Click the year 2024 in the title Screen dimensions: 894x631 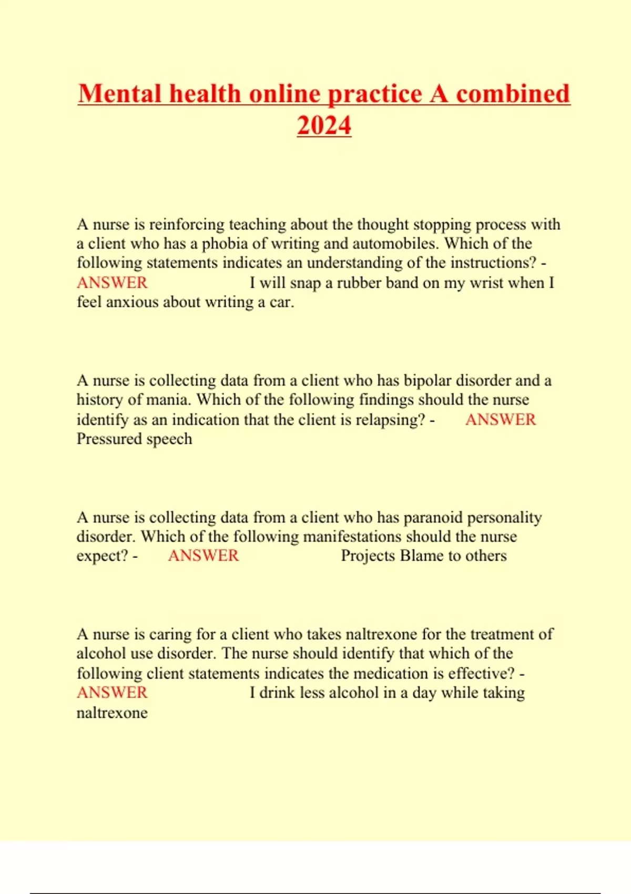pos(324,126)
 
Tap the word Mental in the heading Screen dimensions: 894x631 pos(120,94)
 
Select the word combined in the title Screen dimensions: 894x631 pos(513,94)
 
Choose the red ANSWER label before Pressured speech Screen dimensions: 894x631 pos(501,420)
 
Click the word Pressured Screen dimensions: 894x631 pos(109,439)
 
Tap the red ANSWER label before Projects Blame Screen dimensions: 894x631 pos(203,556)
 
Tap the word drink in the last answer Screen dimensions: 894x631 pos(277,693)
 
